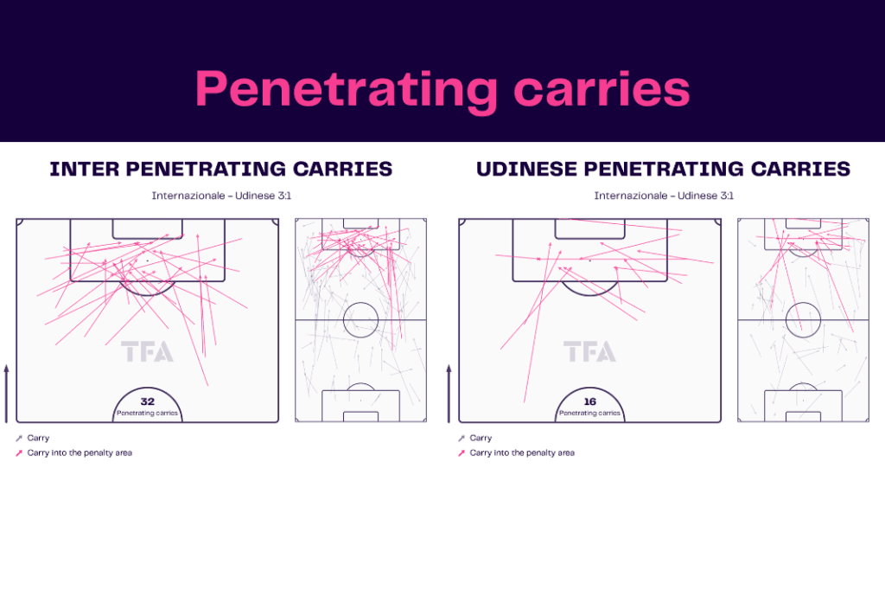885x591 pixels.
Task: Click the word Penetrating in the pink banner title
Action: (346, 90)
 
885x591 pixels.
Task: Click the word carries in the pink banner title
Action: (602, 89)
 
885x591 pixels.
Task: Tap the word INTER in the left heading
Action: (84, 169)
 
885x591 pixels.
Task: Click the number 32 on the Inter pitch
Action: (147, 401)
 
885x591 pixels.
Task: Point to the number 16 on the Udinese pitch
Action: (589, 401)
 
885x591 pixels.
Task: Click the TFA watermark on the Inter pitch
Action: (147, 351)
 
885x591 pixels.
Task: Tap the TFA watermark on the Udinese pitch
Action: (589, 351)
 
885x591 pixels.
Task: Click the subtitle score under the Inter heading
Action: (221, 196)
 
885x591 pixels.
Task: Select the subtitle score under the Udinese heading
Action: (664, 196)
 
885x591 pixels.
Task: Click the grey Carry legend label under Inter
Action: (38, 438)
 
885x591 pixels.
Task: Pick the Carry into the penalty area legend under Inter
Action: (80, 453)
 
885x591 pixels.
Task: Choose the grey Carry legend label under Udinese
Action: (481, 438)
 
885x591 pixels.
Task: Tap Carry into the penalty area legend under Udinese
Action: (522, 453)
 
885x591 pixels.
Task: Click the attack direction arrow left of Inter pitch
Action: (7, 394)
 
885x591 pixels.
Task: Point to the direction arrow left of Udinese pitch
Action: (449, 394)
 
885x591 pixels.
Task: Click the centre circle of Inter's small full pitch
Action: (360, 303)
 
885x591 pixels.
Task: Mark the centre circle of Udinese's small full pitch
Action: (803, 303)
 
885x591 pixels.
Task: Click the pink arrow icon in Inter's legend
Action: (19, 453)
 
